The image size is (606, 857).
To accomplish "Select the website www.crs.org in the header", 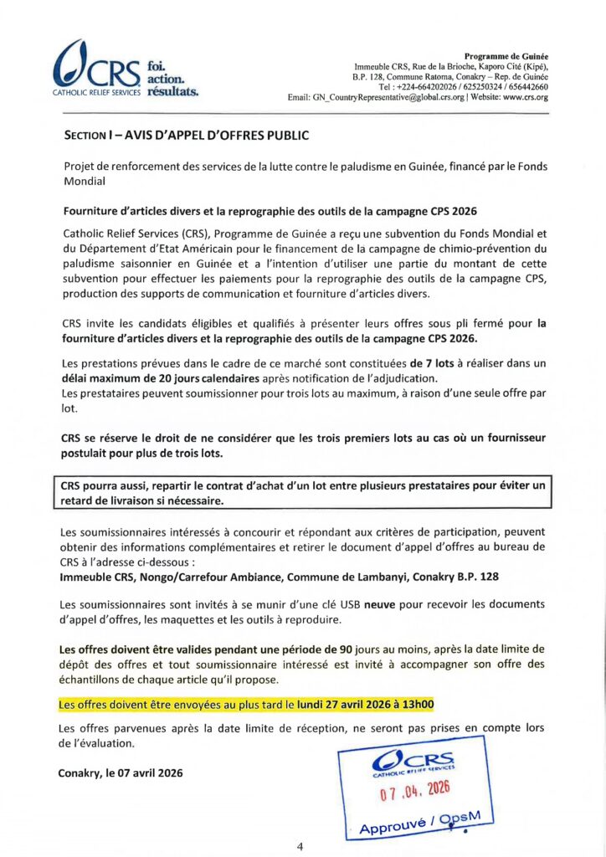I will [x=525, y=97].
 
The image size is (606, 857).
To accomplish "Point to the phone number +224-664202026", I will [x=425, y=86].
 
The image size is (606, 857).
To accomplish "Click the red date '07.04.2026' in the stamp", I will [x=415, y=789].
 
